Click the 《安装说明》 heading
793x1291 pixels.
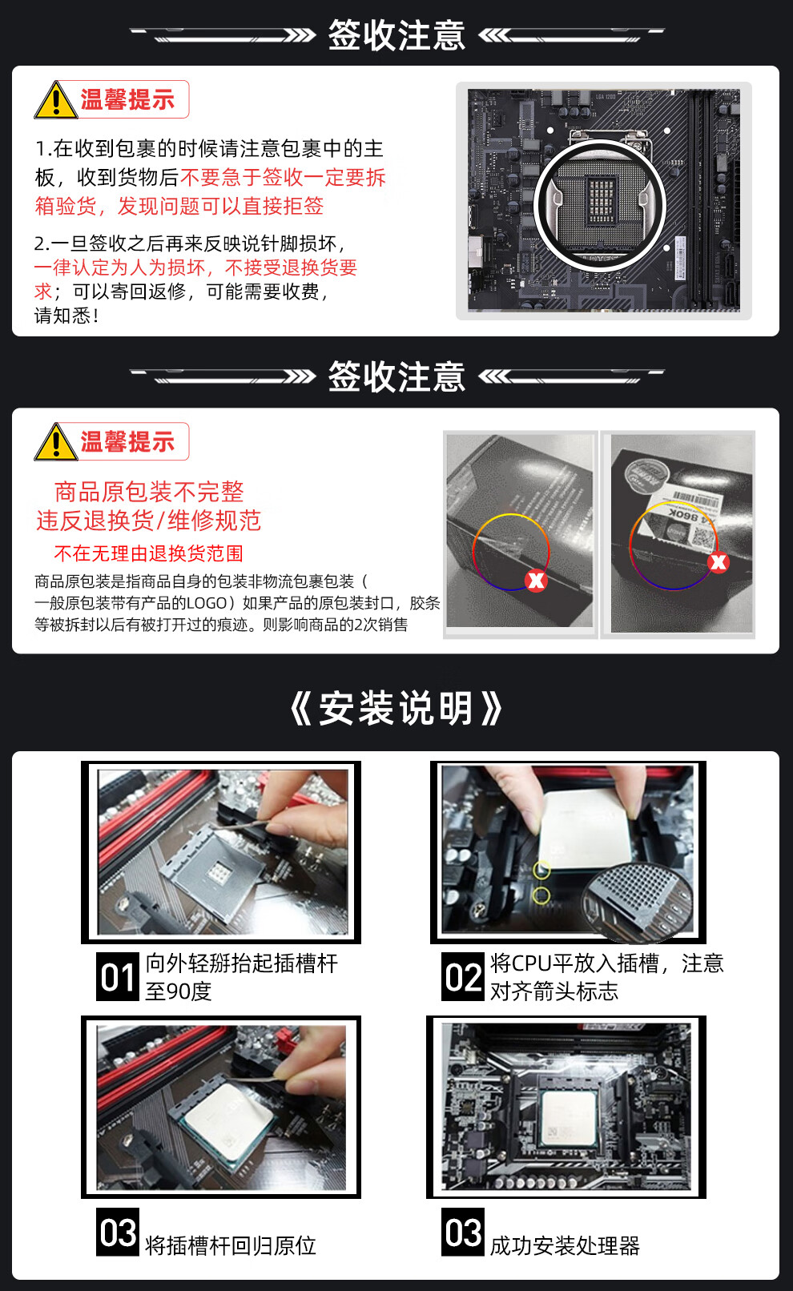396,708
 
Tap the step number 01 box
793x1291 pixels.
118,977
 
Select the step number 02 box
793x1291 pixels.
463,977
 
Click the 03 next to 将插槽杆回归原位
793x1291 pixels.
118,1232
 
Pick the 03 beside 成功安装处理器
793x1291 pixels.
463,1232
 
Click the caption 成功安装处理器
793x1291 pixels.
565,1245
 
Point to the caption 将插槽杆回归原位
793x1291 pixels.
231,1245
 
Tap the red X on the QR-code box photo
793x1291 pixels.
719,562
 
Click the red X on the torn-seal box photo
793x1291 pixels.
536,581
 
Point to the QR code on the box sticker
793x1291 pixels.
702,537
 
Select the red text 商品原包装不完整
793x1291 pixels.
149,492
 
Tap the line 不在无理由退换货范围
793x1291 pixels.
149,553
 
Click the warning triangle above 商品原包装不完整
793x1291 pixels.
56,442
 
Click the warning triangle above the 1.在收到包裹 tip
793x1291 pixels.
56,99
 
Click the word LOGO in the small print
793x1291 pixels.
207,603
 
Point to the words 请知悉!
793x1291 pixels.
66,316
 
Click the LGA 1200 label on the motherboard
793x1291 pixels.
605,97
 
